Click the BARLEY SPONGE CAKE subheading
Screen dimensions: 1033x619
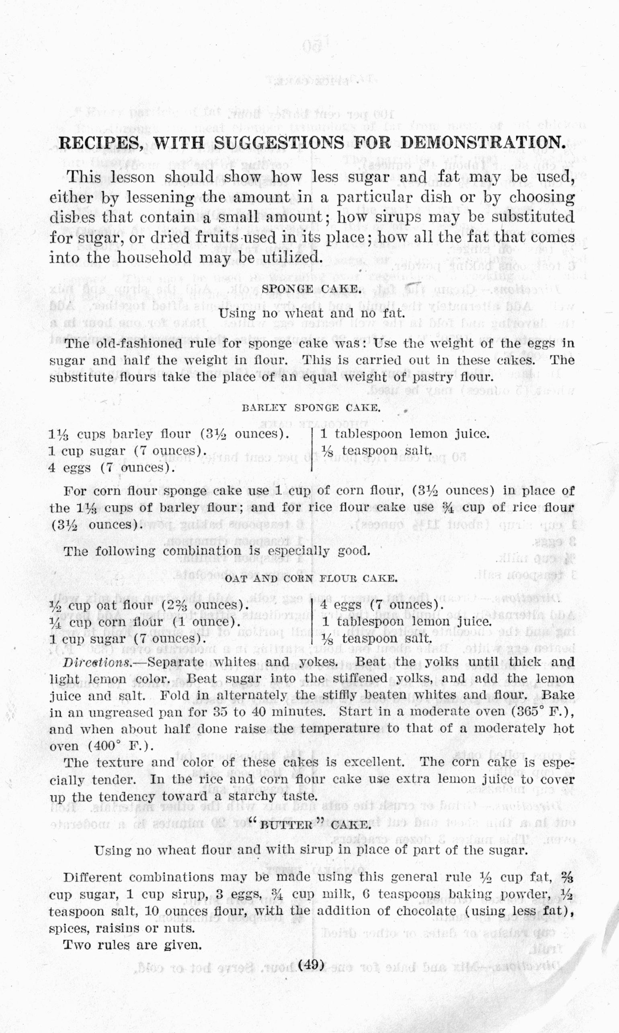[311, 408]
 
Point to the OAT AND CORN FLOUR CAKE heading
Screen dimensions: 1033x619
[311, 578]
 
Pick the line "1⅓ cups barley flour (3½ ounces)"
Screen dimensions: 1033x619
[169, 434]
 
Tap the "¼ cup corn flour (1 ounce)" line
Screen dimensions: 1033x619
[144, 622]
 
